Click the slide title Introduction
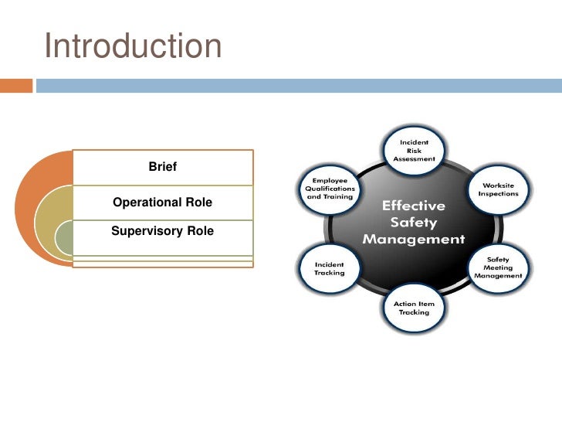pos(133,46)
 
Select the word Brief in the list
pos(162,166)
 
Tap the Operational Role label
pos(162,202)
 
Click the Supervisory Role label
pos(162,231)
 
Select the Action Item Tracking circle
pos(414,308)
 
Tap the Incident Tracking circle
pos(329,267)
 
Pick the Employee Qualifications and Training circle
pos(329,188)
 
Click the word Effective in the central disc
pos(414,206)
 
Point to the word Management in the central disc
pos(414,239)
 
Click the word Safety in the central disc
pos(414,223)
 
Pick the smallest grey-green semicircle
pos(66,240)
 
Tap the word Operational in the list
pos(147,202)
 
